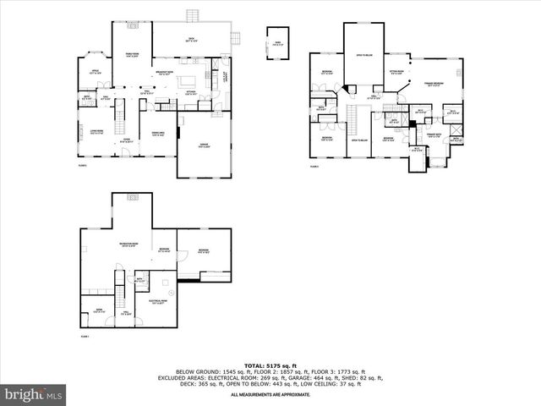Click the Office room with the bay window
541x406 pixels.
96,74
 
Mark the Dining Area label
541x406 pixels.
157,133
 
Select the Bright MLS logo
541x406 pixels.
34,394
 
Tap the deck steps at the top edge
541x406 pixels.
193,16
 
